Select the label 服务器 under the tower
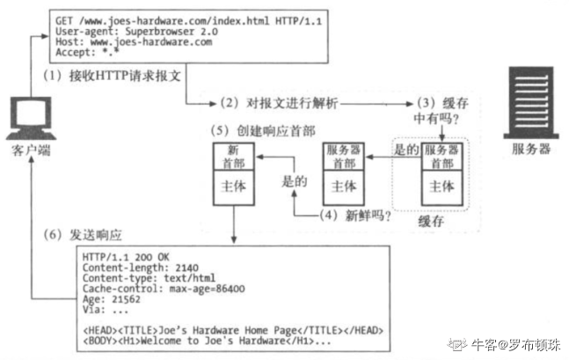pos(531,149)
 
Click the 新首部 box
pos(233,156)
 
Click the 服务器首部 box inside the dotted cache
pos(441,156)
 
